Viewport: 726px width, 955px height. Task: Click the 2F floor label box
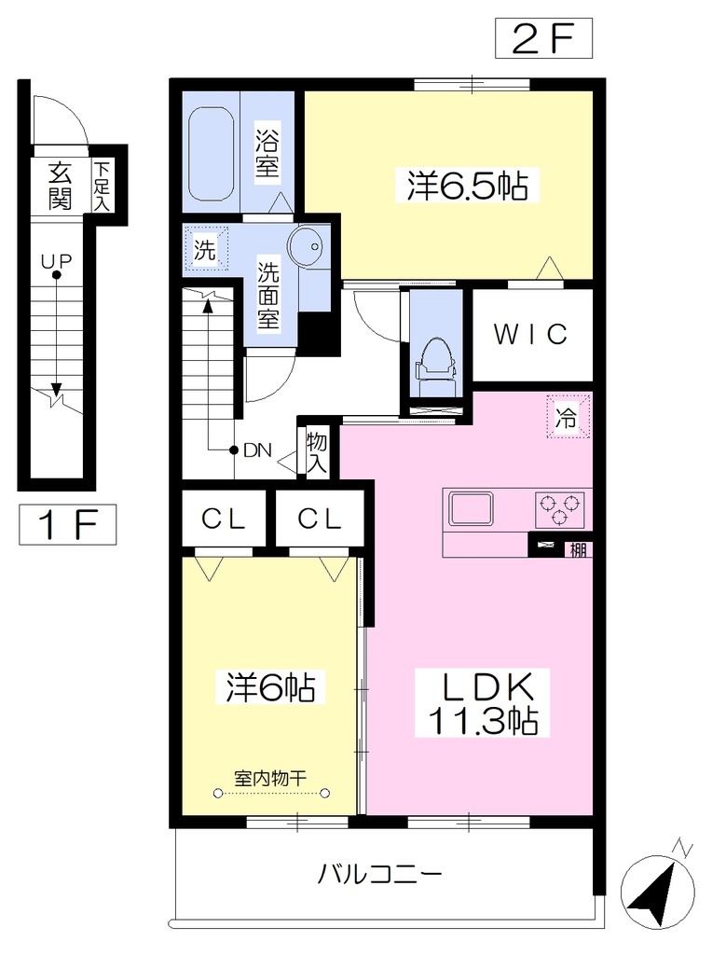(543, 38)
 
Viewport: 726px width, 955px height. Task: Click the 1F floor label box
(67, 524)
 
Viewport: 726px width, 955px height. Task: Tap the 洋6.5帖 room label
(467, 186)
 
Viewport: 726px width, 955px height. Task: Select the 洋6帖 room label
(271, 687)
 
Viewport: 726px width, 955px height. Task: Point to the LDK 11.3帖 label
(484, 702)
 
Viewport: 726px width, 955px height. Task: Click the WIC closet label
(530, 334)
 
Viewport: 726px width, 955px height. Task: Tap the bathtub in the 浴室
(212, 154)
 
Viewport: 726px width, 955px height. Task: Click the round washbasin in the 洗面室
(307, 246)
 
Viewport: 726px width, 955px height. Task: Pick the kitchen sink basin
(471, 508)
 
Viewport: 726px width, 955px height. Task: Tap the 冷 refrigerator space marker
(568, 417)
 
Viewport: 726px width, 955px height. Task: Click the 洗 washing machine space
(206, 248)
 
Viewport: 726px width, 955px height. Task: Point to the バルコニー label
(379, 875)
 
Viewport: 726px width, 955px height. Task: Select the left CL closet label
(224, 519)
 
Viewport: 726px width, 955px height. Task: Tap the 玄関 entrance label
(60, 186)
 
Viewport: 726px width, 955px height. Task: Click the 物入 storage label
(317, 453)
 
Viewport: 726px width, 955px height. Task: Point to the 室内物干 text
(270, 778)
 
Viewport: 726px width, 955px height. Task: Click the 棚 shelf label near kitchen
(578, 549)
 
